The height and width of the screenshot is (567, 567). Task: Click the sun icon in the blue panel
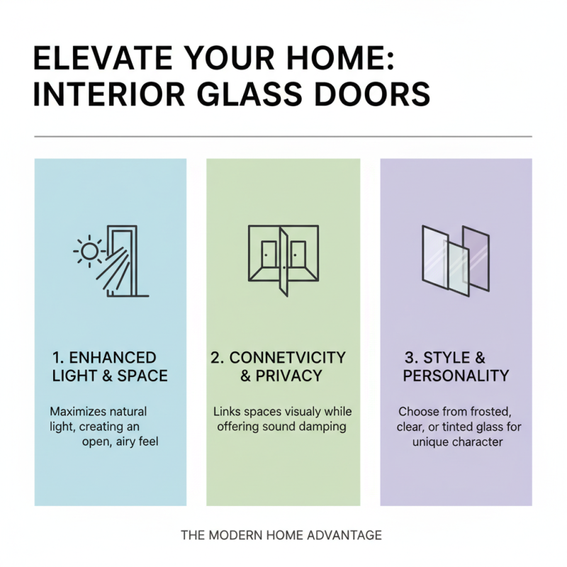tap(89, 250)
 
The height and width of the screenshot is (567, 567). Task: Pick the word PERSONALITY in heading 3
tap(455, 376)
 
